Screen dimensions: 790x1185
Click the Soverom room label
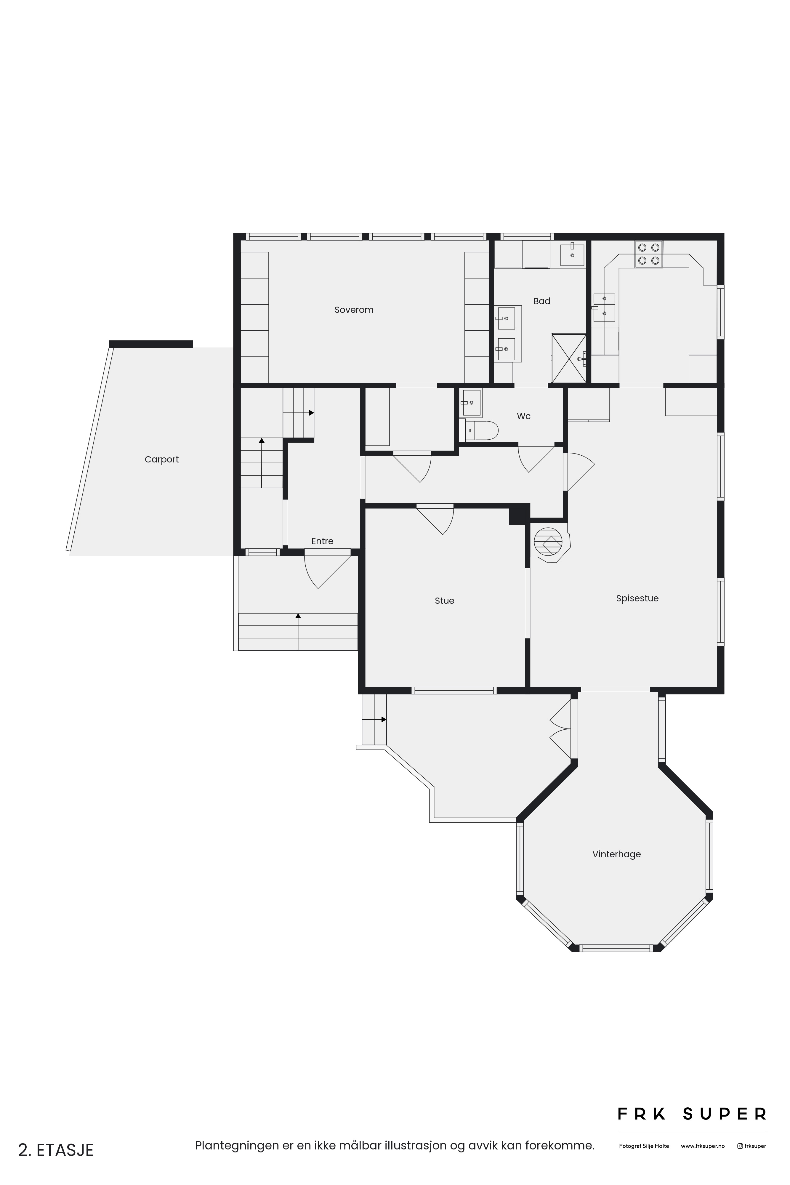tap(354, 310)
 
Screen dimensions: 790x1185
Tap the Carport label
tap(162, 459)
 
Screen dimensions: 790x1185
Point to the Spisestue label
tap(637, 598)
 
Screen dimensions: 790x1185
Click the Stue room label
tap(444, 600)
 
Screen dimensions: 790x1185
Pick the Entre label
tap(323, 541)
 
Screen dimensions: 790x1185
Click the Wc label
tap(523, 416)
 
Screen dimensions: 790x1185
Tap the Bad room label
tap(541, 301)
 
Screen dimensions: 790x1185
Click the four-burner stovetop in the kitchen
tap(649, 254)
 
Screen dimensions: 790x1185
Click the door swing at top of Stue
tap(435, 519)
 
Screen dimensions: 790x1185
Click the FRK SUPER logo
tap(692, 1114)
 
